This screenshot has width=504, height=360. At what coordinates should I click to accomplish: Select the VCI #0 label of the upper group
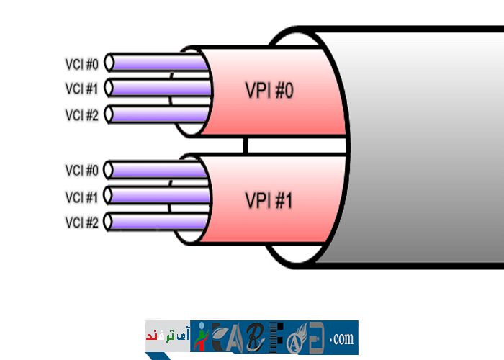pos(81,63)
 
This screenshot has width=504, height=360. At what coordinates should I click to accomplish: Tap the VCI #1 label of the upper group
pos(81,89)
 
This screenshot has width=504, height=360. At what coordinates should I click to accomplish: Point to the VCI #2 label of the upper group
pos(81,114)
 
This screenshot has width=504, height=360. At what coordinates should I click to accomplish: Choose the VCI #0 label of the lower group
pos(81,171)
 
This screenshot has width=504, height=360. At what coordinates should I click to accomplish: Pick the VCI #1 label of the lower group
pos(81,197)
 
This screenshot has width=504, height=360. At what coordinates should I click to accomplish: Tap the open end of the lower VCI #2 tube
pos(109,222)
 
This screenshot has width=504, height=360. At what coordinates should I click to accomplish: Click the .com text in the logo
pos(342,338)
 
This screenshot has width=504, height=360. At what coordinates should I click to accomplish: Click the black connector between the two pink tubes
pos(246,145)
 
